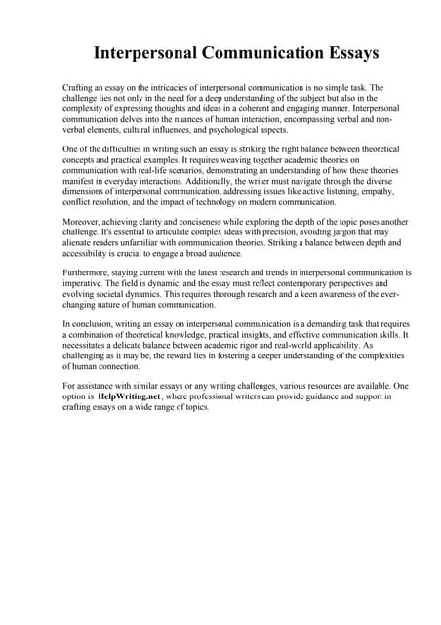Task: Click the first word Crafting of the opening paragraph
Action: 78,87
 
